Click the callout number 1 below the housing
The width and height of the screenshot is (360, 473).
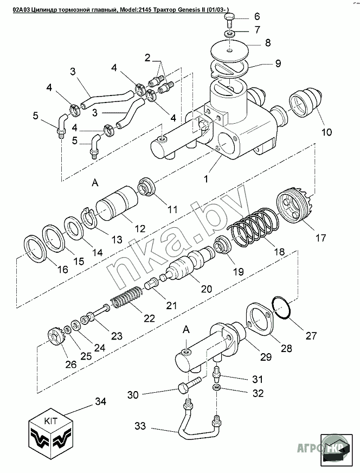205,179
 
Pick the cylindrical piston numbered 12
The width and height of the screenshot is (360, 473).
117,202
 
